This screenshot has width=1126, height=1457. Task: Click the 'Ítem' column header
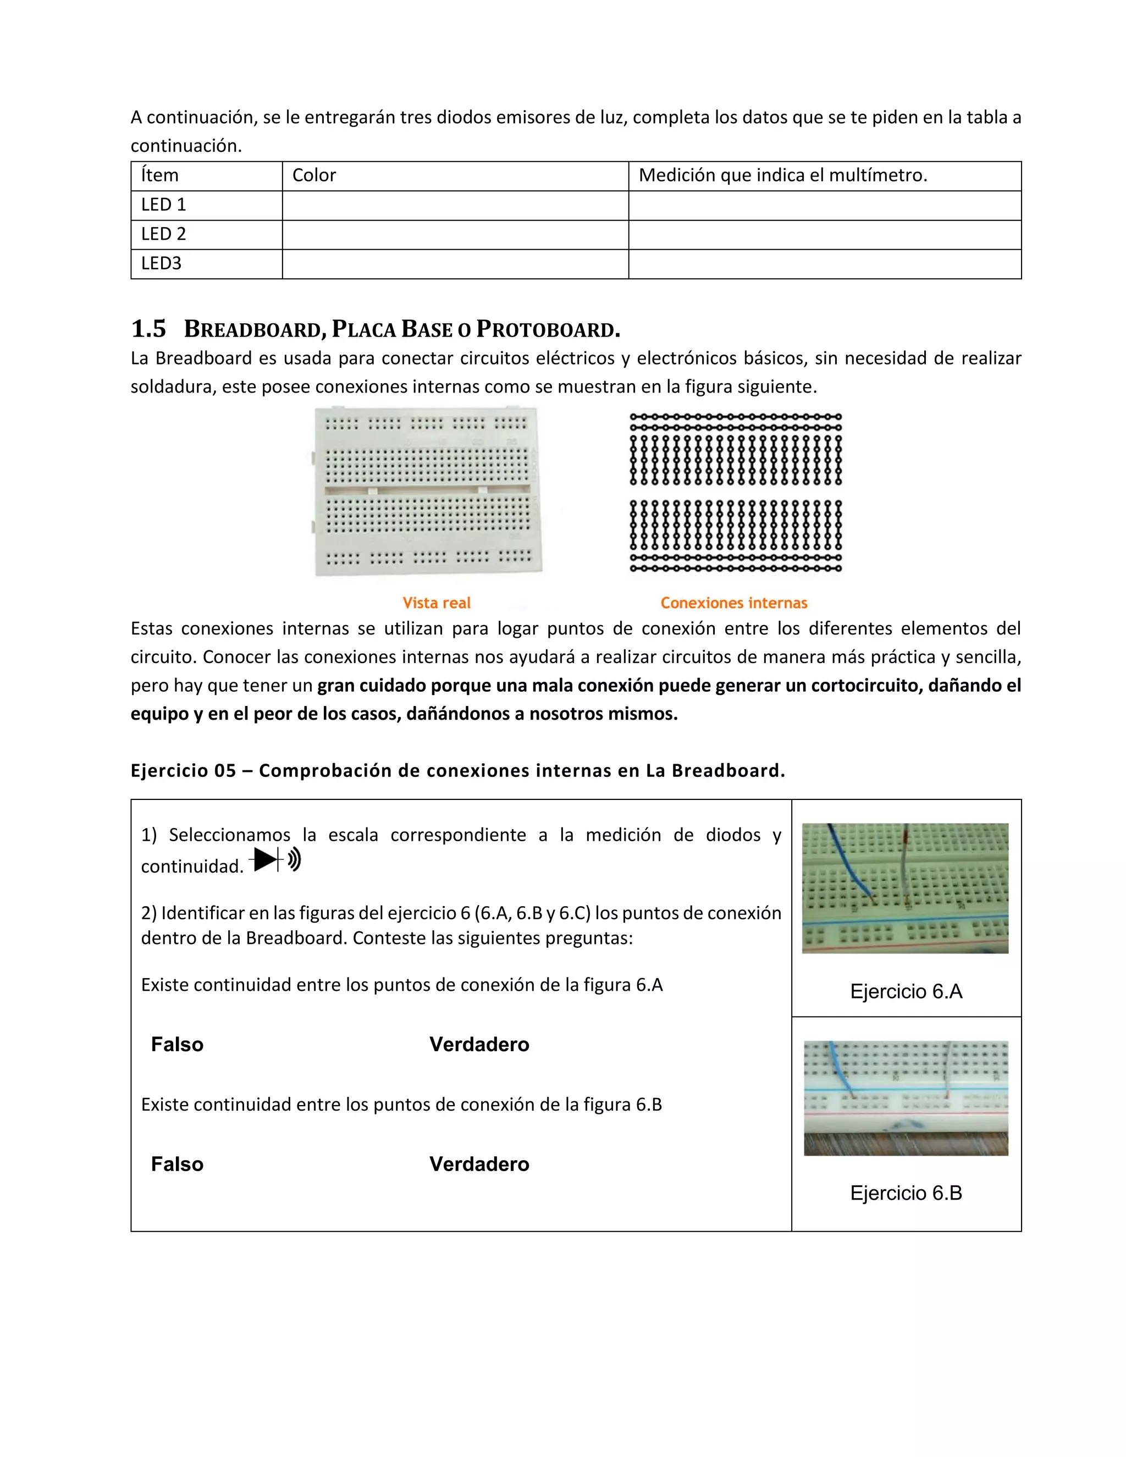pos(160,175)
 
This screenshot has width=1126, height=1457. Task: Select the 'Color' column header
pos(314,175)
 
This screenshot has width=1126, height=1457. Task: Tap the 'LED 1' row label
pos(163,205)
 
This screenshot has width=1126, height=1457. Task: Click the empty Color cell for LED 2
pos(455,234)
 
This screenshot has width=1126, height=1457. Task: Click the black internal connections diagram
pos(735,492)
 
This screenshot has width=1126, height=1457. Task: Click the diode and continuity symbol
pos(275,859)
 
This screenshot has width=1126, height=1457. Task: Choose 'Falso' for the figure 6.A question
pos(177,1044)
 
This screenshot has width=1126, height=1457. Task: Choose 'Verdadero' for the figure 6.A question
pos(479,1044)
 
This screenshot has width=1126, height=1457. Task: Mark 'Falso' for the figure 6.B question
pos(177,1163)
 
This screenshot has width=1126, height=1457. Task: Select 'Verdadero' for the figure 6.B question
pos(479,1163)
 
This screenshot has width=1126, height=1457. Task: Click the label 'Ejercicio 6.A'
pos(906,991)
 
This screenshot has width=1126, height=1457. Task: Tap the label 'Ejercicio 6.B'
pos(906,1193)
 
